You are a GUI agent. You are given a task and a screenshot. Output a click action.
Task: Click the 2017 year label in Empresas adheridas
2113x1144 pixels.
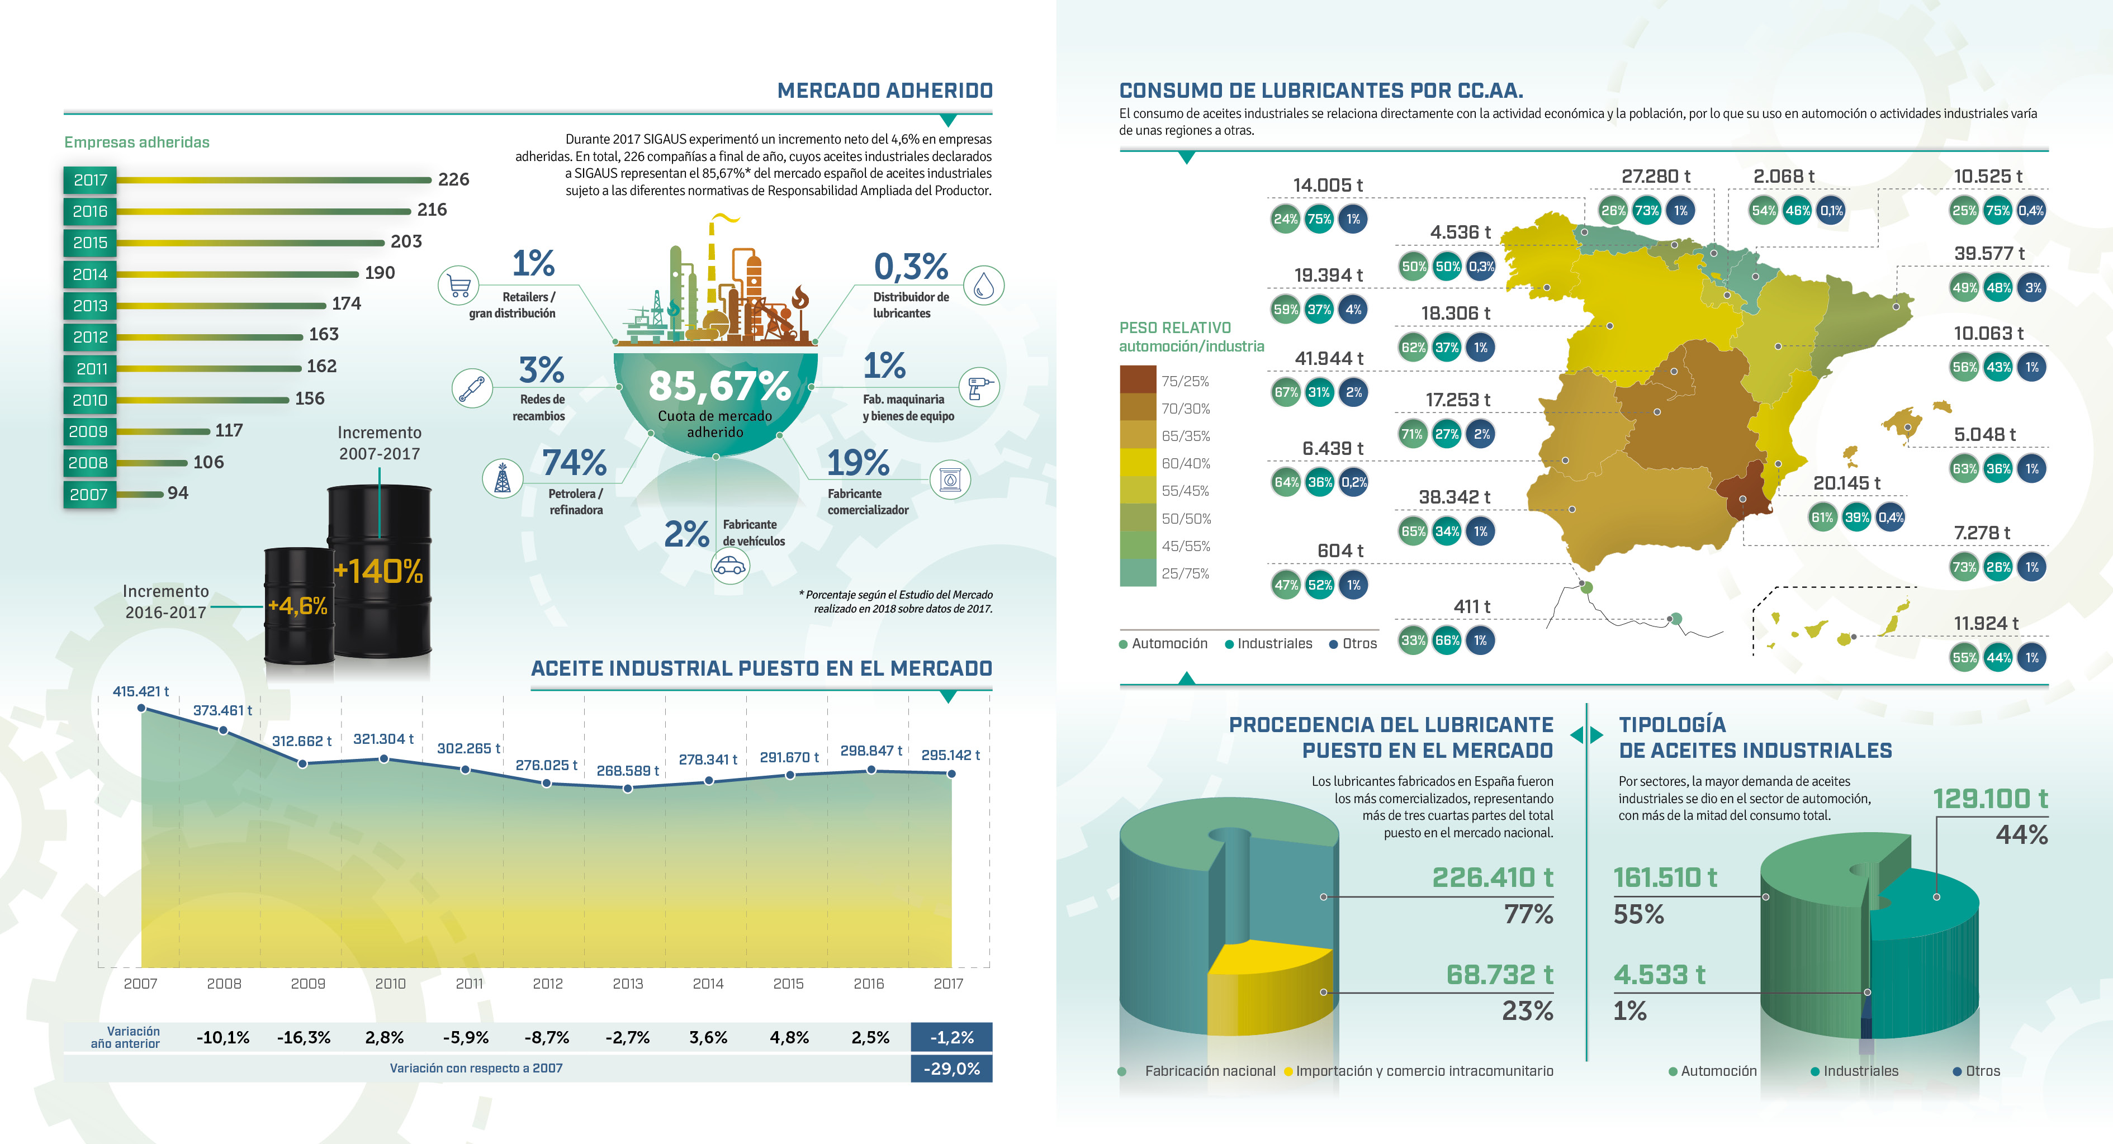90,179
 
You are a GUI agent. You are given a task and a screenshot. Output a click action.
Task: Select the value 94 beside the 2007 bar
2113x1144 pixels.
178,493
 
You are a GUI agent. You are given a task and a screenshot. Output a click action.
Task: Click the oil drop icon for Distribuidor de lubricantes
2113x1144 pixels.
983,286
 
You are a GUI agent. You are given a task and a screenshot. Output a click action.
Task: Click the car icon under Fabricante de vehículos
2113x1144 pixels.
730,566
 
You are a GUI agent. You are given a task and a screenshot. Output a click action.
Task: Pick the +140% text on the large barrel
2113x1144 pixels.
379,571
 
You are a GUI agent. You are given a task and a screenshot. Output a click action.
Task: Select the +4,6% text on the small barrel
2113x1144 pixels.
298,606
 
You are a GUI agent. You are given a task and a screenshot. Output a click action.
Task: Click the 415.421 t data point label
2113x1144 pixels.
140,691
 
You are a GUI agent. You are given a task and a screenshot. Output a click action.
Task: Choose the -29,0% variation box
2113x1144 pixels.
951,1069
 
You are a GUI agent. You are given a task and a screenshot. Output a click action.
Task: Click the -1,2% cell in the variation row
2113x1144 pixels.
951,1037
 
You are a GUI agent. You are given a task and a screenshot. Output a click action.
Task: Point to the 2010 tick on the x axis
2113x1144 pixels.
390,983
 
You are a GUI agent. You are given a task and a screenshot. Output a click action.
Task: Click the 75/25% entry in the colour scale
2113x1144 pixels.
1185,381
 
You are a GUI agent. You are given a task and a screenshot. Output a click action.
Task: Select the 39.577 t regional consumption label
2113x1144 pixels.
1989,253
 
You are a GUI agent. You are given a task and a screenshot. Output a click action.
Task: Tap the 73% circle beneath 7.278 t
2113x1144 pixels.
1964,567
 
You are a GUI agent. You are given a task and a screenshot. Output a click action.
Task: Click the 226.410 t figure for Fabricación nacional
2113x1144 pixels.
1492,877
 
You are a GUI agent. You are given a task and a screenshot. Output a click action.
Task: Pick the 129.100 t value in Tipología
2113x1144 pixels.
1990,798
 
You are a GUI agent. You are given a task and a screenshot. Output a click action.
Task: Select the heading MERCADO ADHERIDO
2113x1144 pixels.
884,90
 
